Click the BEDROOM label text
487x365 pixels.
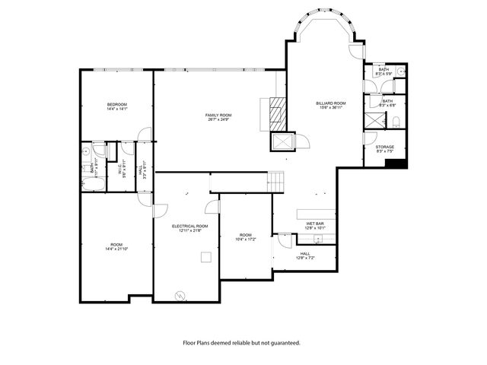click(116, 104)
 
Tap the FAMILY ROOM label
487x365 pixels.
click(218, 115)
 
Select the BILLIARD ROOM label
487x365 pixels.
click(331, 103)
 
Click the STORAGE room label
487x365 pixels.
click(385, 147)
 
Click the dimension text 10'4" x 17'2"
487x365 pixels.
click(246, 240)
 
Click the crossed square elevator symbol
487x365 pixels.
click(283, 142)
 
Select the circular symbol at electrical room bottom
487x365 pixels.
click(180, 294)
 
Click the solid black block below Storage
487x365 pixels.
click(401, 163)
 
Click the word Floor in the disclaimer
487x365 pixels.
click(190, 343)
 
